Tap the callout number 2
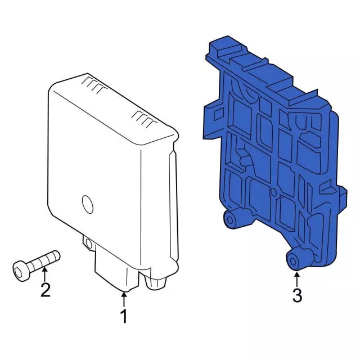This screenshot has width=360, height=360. tap(45, 290)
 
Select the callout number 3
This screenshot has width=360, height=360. tap(297, 295)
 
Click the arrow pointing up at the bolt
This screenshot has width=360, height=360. tap(44, 273)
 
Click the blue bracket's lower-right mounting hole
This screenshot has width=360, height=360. tap(294, 259)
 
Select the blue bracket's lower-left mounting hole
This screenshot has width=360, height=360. tap(230, 218)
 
